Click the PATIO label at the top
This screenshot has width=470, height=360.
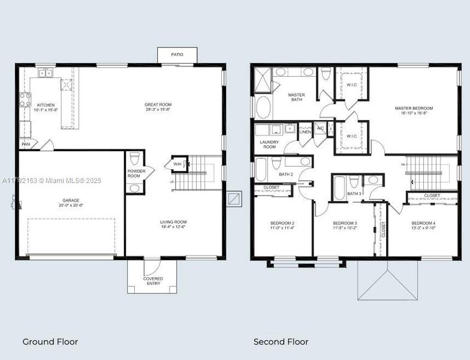177,55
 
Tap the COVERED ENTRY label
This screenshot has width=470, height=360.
153,281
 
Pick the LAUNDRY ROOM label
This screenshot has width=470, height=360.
269,144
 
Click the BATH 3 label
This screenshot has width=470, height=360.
354,194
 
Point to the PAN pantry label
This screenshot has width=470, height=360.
26,144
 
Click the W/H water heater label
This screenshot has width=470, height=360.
177,164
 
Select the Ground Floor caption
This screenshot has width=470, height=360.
50,342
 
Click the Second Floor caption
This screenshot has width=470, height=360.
281,342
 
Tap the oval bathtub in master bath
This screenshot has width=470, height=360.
264,107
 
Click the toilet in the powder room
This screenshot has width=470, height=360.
135,158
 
